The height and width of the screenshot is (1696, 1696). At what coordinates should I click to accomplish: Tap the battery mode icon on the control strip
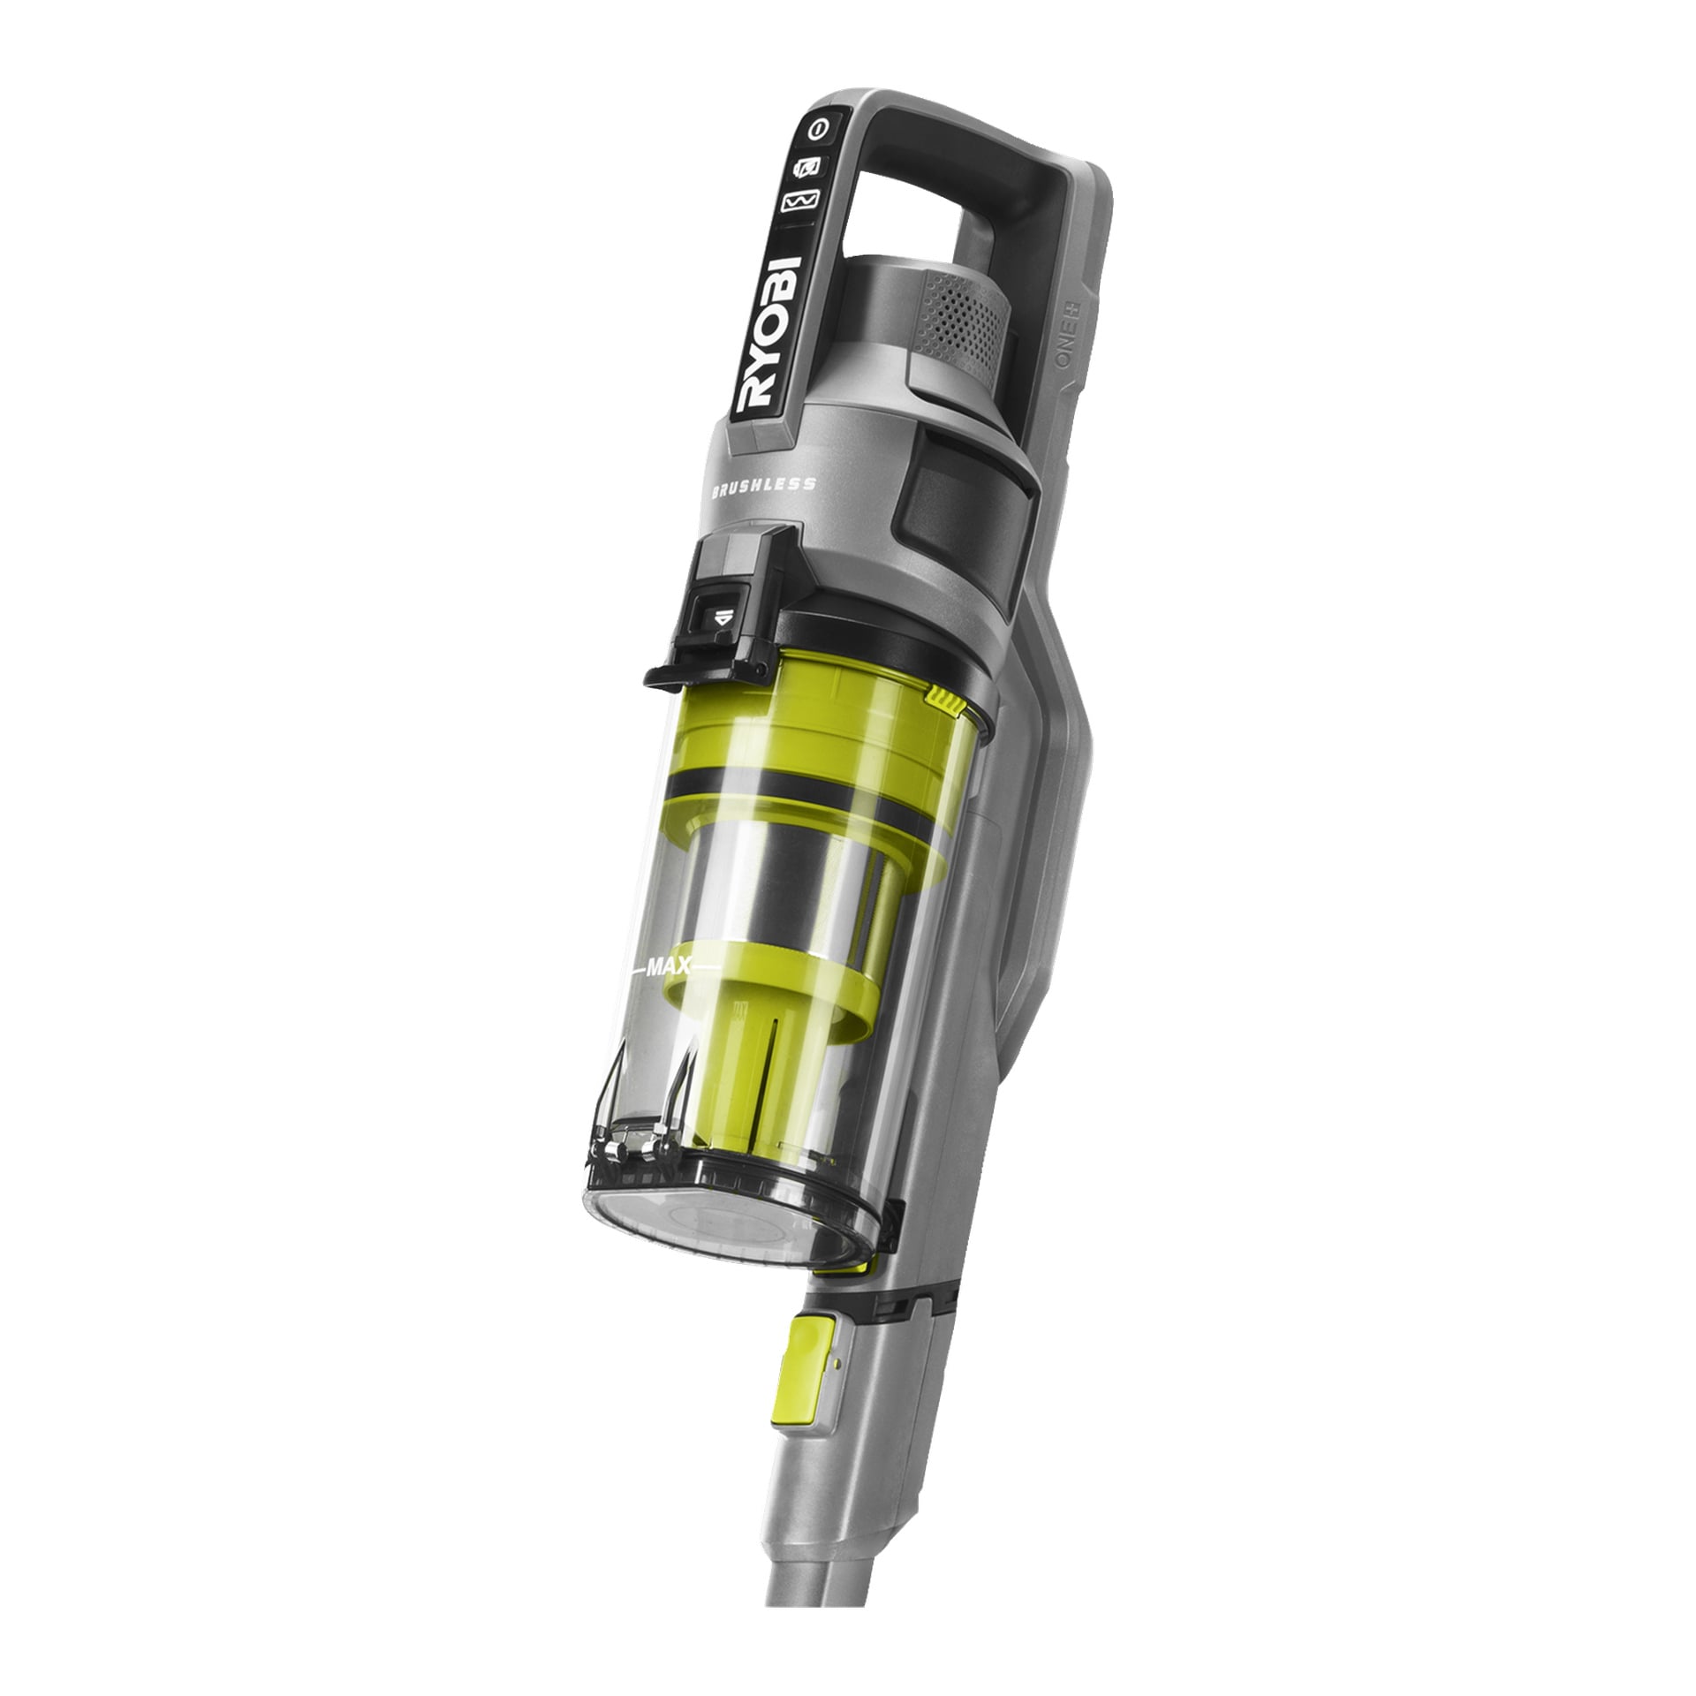[810, 165]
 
